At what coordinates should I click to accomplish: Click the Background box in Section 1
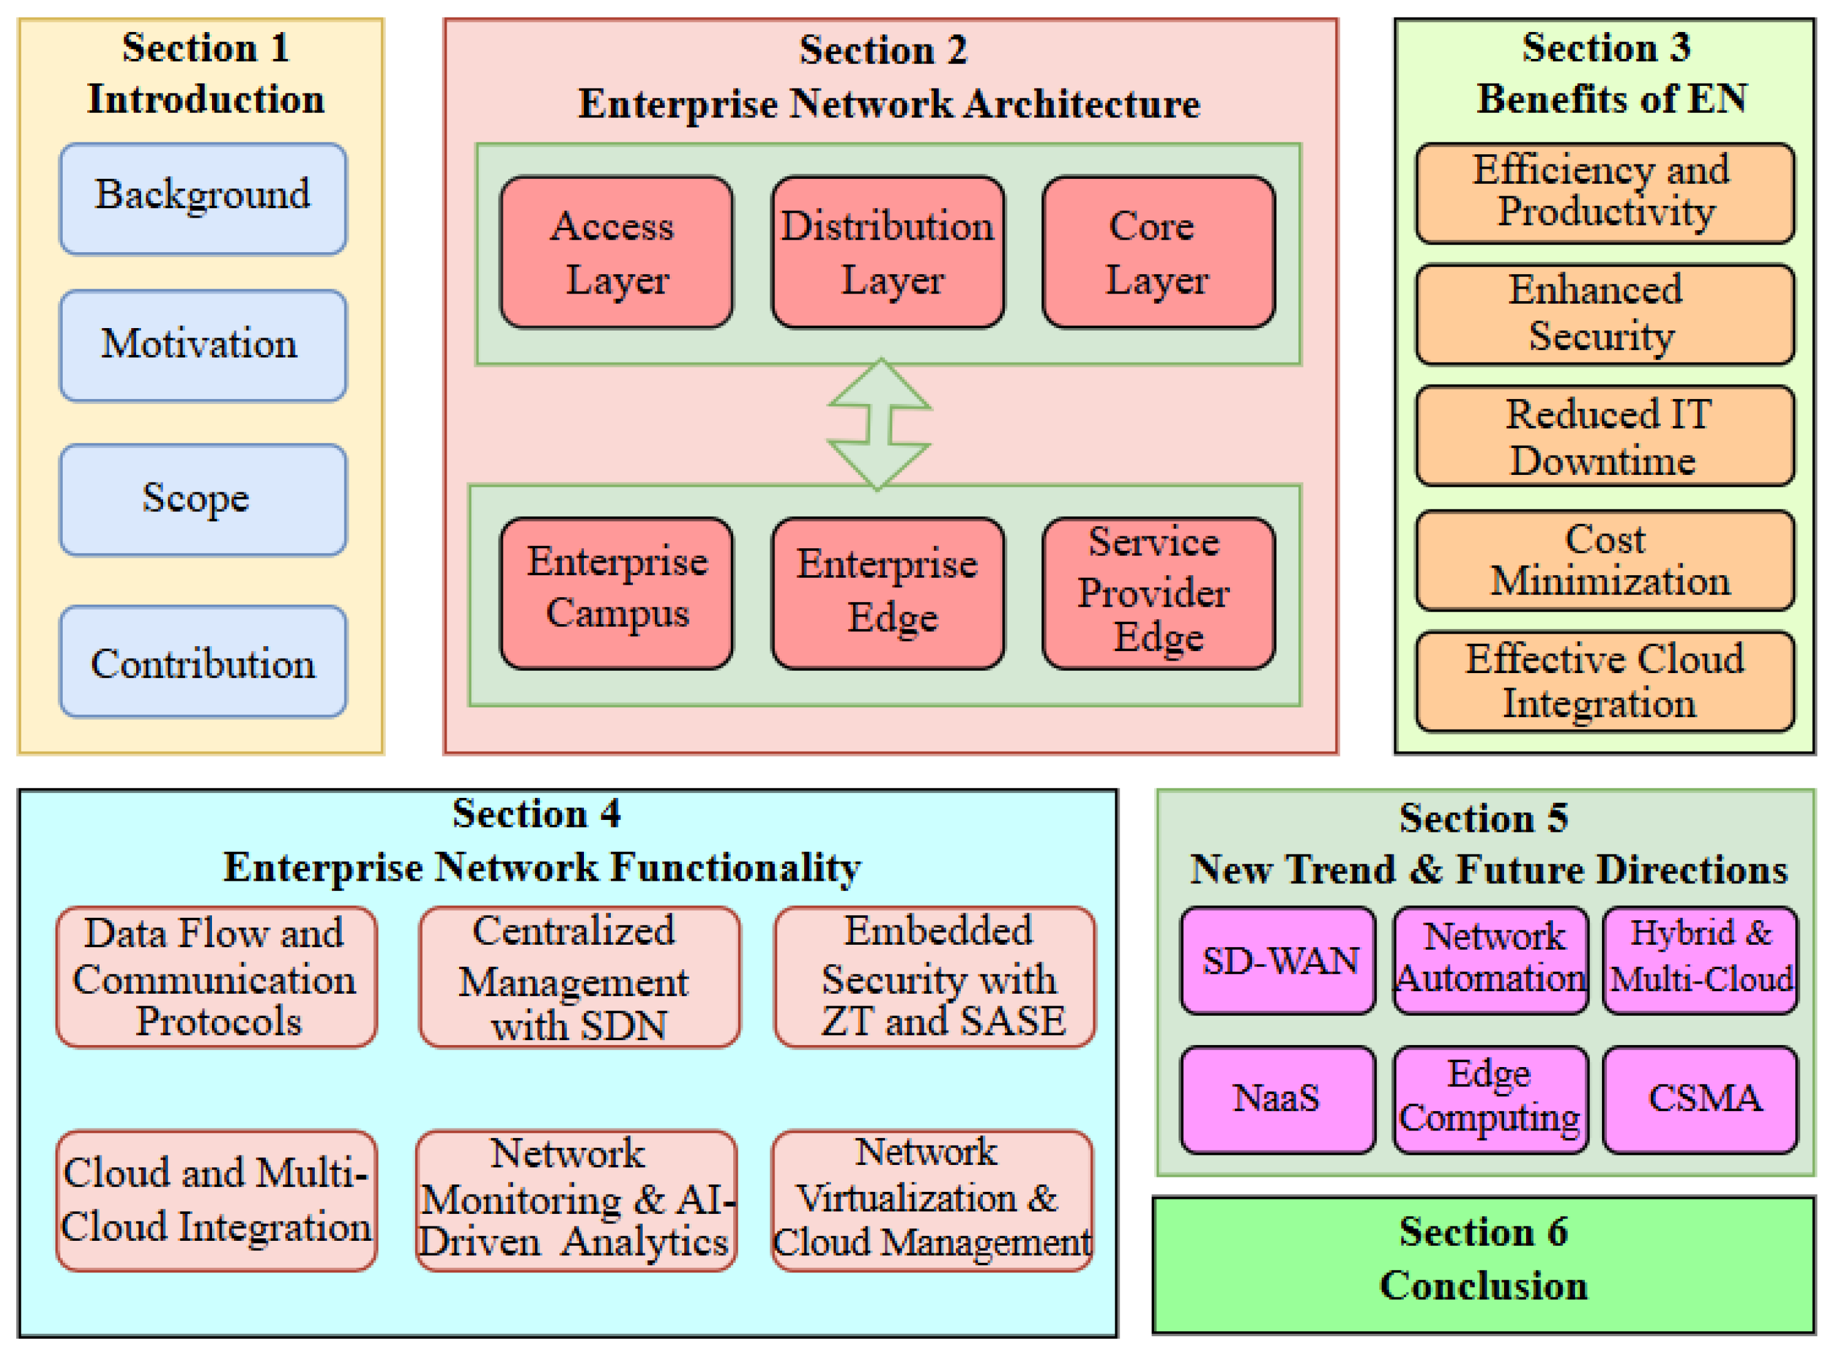(x=203, y=198)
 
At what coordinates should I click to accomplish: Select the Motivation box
(x=203, y=345)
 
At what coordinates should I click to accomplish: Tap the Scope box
(x=203, y=499)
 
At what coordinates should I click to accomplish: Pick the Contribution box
(x=203, y=662)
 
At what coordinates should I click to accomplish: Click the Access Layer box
(x=616, y=252)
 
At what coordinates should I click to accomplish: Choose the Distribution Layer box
(x=888, y=252)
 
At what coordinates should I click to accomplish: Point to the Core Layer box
(x=1158, y=252)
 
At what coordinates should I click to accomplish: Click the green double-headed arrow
(x=879, y=424)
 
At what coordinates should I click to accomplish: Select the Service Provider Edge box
(x=1158, y=592)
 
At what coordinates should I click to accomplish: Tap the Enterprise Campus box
(x=616, y=592)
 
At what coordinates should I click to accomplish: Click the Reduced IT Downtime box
(x=1604, y=437)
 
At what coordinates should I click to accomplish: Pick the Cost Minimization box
(x=1604, y=560)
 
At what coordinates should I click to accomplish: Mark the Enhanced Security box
(x=1604, y=314)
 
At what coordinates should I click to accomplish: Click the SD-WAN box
(x=1278, y=960)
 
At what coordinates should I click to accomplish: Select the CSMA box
(x=1700, y=1099)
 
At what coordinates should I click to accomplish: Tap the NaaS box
(x=1278, y=1099)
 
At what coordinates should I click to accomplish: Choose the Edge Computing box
(x=1490, y=1099)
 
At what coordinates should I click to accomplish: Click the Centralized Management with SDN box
(x=579, y=977)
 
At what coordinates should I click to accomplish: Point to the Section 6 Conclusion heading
(x=1483, y=1259)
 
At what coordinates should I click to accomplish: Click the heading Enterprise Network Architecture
(x=889, y=104)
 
